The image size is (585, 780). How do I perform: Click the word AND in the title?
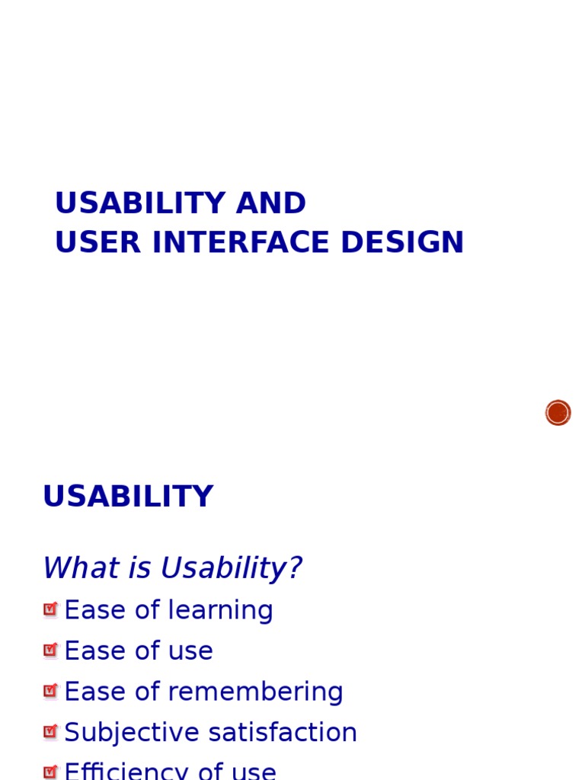(271, 203)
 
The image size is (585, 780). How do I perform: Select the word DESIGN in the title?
(402, 242)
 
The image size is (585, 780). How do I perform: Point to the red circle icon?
(558, 413)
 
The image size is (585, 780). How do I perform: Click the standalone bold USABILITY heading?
(128, 497)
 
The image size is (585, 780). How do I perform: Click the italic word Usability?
(231, 568)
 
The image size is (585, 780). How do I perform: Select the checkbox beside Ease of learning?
(50, 609)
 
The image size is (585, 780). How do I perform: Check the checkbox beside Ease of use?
(50, 651)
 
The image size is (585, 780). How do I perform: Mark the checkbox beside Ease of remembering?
(50, 691)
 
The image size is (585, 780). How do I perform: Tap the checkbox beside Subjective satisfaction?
(50, 732)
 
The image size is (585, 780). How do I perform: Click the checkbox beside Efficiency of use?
(50, 772)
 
